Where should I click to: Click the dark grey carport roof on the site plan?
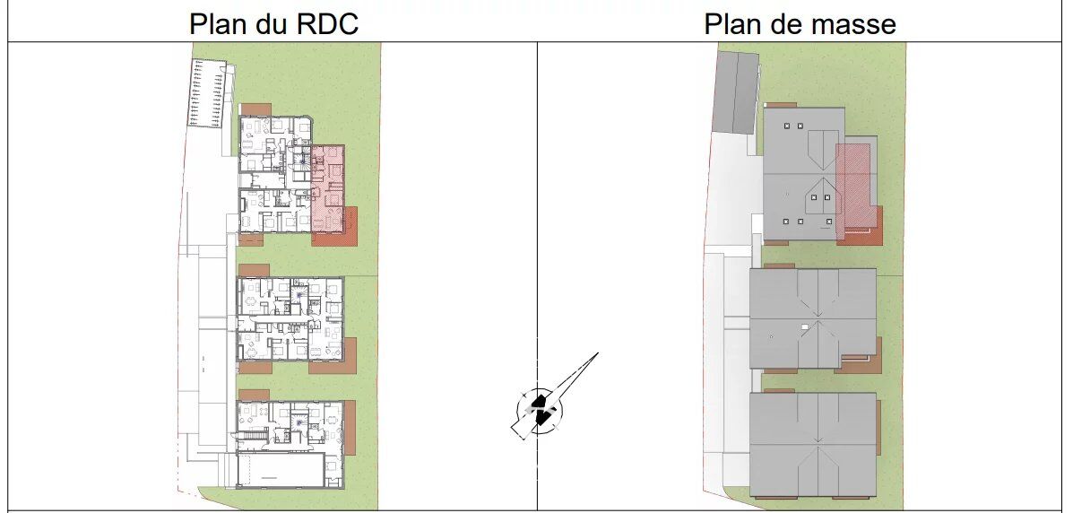click(735, 91)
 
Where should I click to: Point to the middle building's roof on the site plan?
click(812, 318)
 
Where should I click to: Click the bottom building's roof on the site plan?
click(812, 443)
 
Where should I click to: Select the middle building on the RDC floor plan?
click(290, 318)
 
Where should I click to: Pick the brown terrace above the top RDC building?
click(256, 109)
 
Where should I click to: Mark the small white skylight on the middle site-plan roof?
click(806, 324)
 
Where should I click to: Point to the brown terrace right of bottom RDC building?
click(350, 426)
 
